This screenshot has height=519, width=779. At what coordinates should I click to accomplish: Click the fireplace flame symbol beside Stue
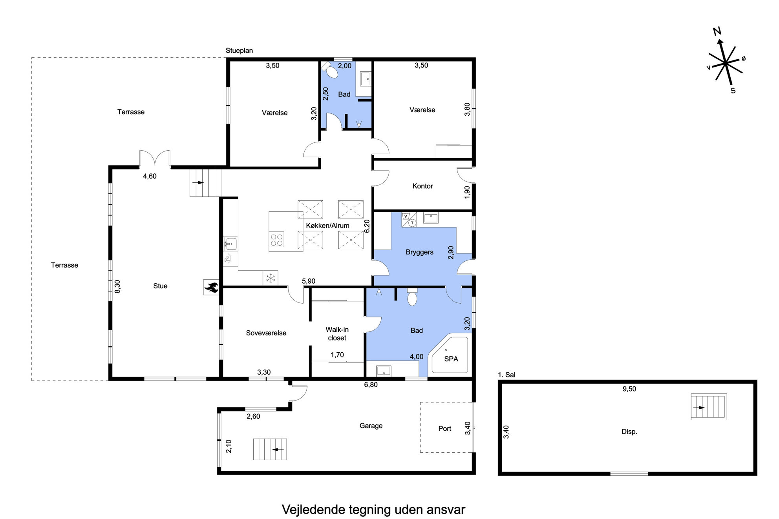(211, 287)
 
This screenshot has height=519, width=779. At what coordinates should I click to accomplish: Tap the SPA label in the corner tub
(451, 359)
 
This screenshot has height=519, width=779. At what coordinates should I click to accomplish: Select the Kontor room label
(422, 186)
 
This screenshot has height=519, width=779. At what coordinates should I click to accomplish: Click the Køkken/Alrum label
(327, 226)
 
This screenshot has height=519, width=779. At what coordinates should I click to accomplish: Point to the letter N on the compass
(717, 31)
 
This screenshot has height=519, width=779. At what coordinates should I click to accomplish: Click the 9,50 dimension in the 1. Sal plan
(629, 389)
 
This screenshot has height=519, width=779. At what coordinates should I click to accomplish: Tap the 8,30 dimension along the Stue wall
(117, 286)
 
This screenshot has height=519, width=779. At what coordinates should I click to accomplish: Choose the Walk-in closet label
(337, 334)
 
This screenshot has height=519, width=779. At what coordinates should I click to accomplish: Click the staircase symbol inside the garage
(270, 449)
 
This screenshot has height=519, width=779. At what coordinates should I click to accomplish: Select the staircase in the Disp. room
(709, 407)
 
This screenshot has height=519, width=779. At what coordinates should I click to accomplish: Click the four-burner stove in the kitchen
(277, 239)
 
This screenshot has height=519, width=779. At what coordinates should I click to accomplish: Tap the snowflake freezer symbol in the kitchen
(271, 278)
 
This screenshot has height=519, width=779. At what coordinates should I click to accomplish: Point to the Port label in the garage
(445, 429)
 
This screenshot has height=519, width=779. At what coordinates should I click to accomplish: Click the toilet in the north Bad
(331, 71)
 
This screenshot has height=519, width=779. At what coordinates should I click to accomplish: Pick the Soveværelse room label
(266, 333)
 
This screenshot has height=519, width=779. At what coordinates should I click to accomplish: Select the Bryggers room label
(420, 252)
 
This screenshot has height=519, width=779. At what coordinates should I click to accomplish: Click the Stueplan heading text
(239, 51)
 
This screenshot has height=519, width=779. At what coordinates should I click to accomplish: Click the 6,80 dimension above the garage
(371, 385)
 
